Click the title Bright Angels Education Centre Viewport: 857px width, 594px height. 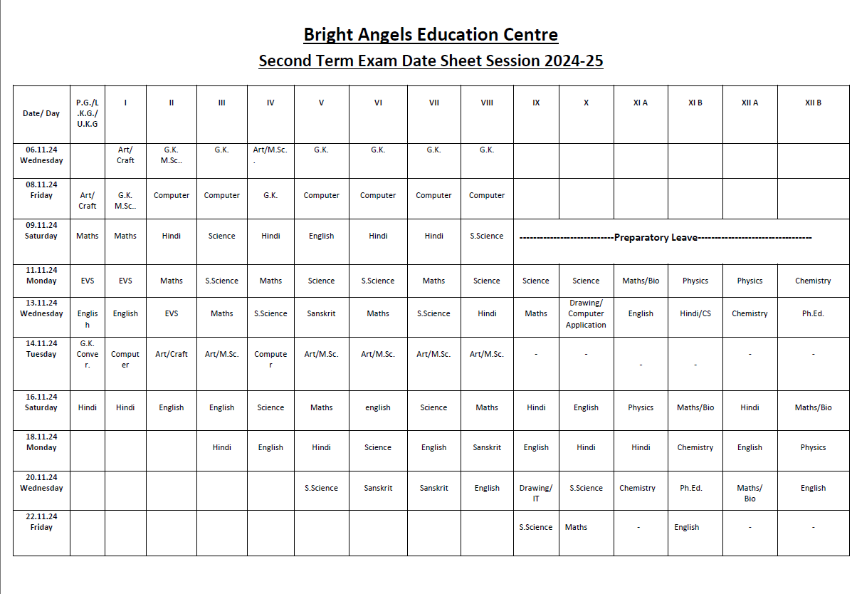pyautogui.click(x=431, y=35)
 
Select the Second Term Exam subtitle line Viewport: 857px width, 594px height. pyautogui.click(x=431, y=61)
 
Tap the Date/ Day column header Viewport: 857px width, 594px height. pyautogui.click(x=41, y=113)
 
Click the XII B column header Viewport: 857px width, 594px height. pyautogui.click(x=813, y=103)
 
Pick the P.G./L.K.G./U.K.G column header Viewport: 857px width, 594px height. pyautogui.click(x=88, y=113)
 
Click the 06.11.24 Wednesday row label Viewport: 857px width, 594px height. pyautogui.click(x=41, y=155)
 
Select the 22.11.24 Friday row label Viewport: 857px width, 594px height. pyautogui.click(x=41, y=522)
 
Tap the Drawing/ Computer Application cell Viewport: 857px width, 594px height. pyautogui.click(x=586, y=314)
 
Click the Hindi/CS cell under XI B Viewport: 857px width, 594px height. pyautogui.click(x=695, y=313)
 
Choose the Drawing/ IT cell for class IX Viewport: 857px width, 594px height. pyautogui.click(x=535, y=493)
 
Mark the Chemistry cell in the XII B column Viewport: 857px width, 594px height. pyautogui.click(x=813, y=281)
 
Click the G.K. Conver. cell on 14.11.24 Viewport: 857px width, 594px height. pyautogui.click(x=88, y=354)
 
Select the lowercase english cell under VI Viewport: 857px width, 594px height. pyautogui.click(x=378, y=408)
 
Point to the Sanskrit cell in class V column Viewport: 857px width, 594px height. pyautogui.click(x=321, y=313)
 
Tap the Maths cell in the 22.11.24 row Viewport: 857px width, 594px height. pyautogui.click(x=577, y=528)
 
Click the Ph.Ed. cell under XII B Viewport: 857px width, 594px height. pyautogui.click(x=813, y=313)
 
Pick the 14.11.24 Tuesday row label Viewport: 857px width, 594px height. pyautogui.click(x=41, y=348)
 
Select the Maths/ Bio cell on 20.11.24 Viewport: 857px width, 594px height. pyautogui.click(x=750, y=493)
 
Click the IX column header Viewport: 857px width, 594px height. pyautogui.click(x=536, y=103)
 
